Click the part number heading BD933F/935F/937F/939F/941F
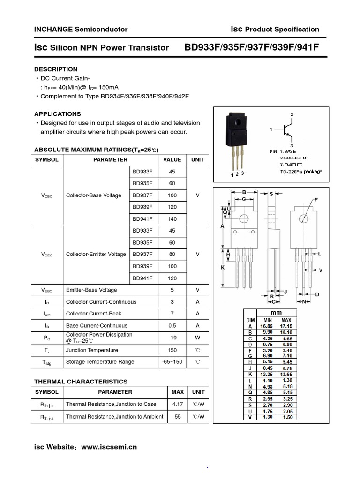click(x=252, y=47)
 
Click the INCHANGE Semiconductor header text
click(x=81, y=29)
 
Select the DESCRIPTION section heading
click(x=56, y=69)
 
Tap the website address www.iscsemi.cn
click(x=109, y=447)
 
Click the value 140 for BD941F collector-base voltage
click(x=172, y=219)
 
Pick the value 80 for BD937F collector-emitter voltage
click(x=172, y=254)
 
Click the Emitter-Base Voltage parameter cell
click(x=91, y=290)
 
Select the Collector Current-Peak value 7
click(x=172, y=313)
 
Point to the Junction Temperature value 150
click(x=172, y=350)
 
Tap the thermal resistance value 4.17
click(x=178, y=404)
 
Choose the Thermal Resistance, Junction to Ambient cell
click(x=114, y=416)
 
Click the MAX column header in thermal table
click(x=178, y=392)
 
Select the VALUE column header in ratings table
click(x=172, y=159)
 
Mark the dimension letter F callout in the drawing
click(x=316, y=200)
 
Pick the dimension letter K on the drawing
click(x=223, y=267)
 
